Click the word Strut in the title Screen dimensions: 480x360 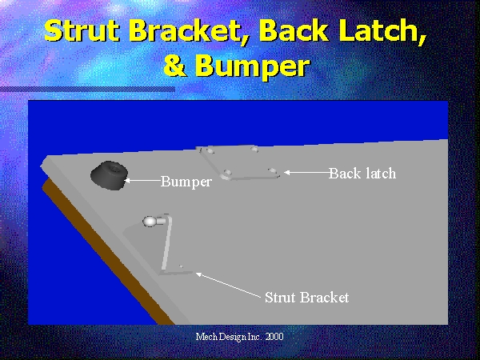[82, 31]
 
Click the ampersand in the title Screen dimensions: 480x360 [174, 66]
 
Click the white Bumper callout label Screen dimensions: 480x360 [186, 182]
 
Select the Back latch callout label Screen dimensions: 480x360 [362, 174]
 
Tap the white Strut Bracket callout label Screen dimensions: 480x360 [306, 298]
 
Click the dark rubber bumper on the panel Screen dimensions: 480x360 [109, 175]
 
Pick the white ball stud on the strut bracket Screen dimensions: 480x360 [150, 222]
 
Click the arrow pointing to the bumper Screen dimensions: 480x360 [142, 181]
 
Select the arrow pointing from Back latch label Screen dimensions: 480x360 [306, 173]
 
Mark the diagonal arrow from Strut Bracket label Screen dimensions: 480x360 [229, 286]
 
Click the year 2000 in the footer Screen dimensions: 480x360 [274, 337]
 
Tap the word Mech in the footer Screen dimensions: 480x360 [206, 337]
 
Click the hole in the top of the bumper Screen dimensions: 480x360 [114, 168]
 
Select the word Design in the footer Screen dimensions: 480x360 [233, 337]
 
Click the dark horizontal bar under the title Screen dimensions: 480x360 [87, 90]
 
